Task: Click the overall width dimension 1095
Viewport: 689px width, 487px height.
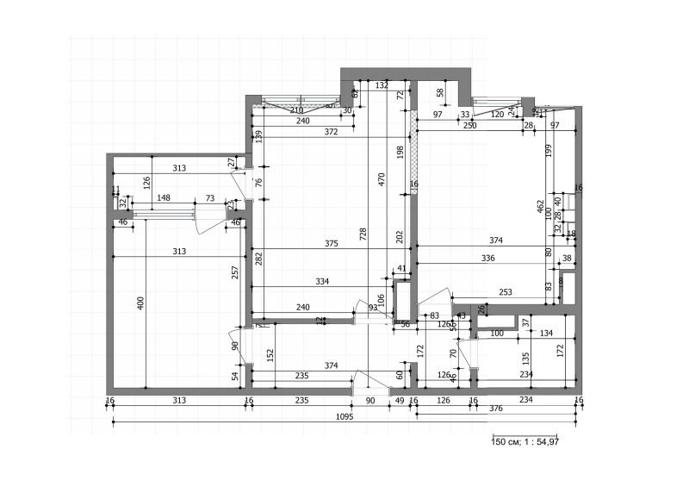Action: [x=343, y=415]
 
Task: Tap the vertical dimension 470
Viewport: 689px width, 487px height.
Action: [x=381, y=179]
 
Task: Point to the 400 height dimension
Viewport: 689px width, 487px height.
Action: [x=140, y=302]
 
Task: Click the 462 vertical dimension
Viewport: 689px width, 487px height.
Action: [x=540, y=207]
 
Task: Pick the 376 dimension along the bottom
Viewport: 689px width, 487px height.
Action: [x=495, y=409]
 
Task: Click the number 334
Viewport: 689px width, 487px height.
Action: [x=323, y=281]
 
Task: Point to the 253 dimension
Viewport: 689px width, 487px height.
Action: [x=505, y=293]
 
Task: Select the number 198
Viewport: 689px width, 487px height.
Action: [x=400, y=153]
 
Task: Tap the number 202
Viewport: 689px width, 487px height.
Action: [x=398, y=236]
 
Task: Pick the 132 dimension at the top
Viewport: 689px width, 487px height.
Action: [x=382, y=85]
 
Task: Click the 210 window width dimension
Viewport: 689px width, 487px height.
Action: [x=297, y=111]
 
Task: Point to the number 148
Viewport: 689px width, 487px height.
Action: [x=164, y=198]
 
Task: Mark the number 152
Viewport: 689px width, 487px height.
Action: [x=270, y=353]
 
